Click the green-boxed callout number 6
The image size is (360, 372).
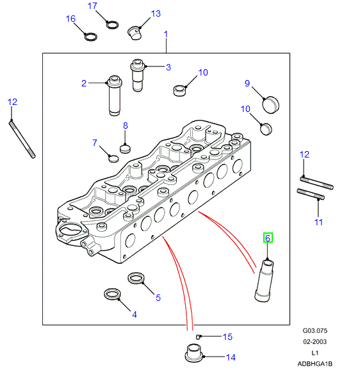tap(268, 238)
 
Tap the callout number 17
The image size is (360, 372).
tap(92, 6)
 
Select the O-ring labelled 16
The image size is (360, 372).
tap(91, 36)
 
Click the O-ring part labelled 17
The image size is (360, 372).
tap(112, 25)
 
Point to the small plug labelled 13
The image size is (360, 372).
tap(135, 33)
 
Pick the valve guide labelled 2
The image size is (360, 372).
tap(114, 95)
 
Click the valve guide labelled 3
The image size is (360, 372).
tap(138, 75)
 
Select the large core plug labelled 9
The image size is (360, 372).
tap(271, 105)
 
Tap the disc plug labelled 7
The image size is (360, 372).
tap(113, 159)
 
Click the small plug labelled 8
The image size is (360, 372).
tap(125, 149)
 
